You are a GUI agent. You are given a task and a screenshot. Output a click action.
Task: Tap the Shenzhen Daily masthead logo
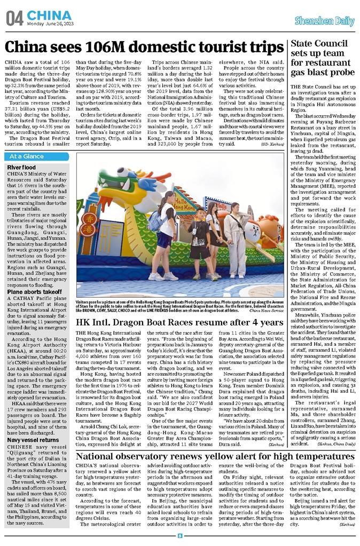[x=324, y=21]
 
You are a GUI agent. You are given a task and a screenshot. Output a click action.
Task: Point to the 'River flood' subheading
[x=22, y=168]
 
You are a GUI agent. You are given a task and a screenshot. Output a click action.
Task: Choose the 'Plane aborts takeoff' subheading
[x=34, y=292]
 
